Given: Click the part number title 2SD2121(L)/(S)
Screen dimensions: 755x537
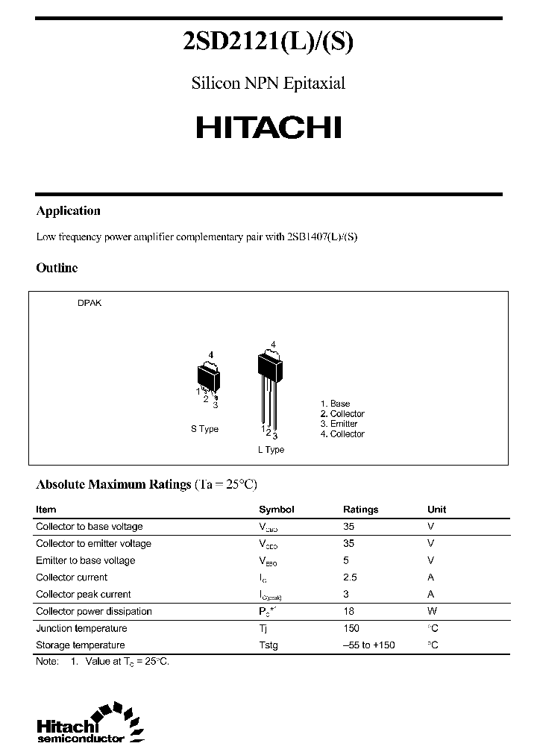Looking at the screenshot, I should point(268,43).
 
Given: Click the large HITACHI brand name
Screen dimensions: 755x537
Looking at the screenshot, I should point(268,128).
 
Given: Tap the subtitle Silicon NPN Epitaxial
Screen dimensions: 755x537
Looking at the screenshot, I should point(268,84).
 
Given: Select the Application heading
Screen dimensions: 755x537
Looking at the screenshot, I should point(68,211).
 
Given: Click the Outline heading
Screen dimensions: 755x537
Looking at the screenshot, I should point(57,268).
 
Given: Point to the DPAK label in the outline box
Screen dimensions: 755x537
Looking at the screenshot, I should point(89,304).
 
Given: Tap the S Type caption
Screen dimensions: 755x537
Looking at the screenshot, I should point(204,430).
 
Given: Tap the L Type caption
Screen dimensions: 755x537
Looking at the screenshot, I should point(271,450).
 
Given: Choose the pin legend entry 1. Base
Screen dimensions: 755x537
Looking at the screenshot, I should point(335,404).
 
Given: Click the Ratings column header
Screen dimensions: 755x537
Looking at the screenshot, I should point(360,510).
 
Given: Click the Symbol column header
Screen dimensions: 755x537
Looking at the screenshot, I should point(276,510).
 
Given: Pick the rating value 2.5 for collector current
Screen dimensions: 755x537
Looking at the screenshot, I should point(350,577).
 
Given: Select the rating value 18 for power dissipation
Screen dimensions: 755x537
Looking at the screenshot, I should point(348,611).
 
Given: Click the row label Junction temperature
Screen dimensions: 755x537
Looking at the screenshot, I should point(81,628).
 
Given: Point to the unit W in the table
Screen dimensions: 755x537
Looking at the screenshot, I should point(431,611).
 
